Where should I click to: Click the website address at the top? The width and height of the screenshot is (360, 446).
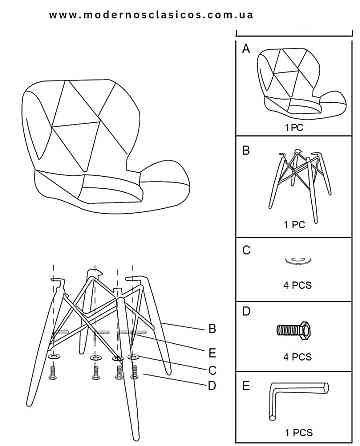[x=151, y=15]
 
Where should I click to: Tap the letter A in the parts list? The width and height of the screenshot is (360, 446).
[x=246, y=49]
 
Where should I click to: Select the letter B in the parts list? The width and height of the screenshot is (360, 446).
[x=246, y=151]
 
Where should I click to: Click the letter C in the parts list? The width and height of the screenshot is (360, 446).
[x=246, y=250]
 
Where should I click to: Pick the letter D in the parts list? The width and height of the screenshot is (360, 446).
[x=246, y=312]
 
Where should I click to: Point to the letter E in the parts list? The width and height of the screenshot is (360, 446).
[x=246, y=386]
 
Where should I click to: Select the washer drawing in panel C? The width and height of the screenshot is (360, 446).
[x=298, y=259]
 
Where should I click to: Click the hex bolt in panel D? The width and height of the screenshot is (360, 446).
[x=294, y=330]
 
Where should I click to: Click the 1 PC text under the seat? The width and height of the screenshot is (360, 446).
[x=294, y=128]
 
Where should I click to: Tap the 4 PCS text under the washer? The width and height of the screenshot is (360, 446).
[x=298, y=285]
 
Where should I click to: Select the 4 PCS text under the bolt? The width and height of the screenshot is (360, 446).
[x=298, y=357]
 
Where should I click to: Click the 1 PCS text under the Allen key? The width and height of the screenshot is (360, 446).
[x=299, y=433]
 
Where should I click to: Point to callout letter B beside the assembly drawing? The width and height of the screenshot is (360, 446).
[x=212, y=329]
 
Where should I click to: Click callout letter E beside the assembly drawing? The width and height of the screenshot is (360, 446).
[x=212, y=353]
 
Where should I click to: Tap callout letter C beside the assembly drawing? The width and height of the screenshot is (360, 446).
[x=212, y=370]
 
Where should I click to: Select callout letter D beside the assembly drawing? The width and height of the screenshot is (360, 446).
[x=212, y=386]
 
